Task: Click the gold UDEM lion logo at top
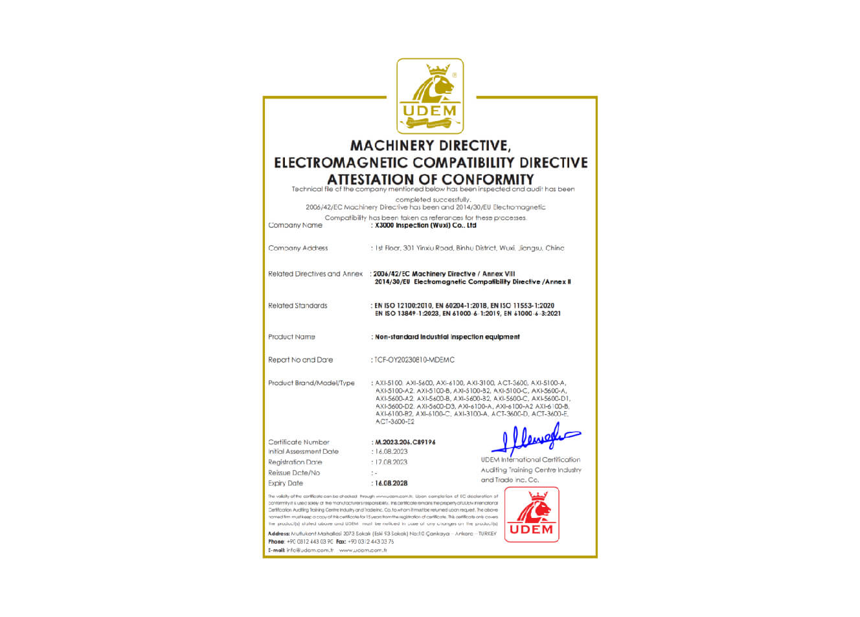click(430, 96)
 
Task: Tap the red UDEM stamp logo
click(531, 514)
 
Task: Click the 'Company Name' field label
click(295, 225)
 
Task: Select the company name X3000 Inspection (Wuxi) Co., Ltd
click(425, 225)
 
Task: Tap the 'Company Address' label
click(298, 248)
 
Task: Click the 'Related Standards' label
click(298, 306)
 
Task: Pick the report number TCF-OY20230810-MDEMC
click(414, 360)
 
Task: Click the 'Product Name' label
click(291, 337)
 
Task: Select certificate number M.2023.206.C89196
click(405, 442)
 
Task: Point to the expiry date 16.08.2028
click(391, 483)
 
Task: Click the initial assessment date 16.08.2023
click(391, 452)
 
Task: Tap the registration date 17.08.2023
click(391, 462)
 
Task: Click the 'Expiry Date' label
click(286, 483)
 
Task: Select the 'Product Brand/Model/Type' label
click(311, 383)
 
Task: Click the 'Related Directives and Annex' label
click(315, 274)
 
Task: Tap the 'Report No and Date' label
click(300, 360)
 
